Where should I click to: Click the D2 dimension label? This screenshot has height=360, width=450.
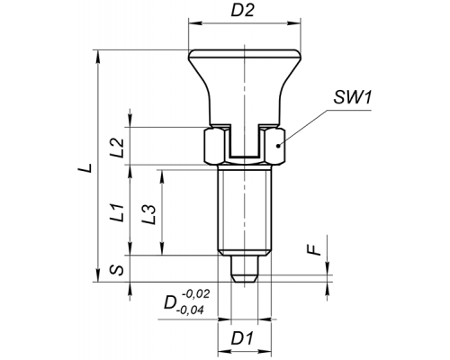tap(243, 11)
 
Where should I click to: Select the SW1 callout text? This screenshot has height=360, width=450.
tap(353, 97)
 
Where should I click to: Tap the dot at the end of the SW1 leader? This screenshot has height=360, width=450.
tap(279, 146)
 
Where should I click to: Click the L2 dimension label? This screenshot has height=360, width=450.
tap(117, 148)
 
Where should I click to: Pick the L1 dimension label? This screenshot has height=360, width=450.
tap(117, 212)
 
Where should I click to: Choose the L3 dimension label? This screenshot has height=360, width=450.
tap(149, 214)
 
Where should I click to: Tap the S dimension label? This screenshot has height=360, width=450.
tap(117, 270)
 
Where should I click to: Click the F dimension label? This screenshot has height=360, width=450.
tap(315, 250)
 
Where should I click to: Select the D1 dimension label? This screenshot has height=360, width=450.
tap(242, 338)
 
